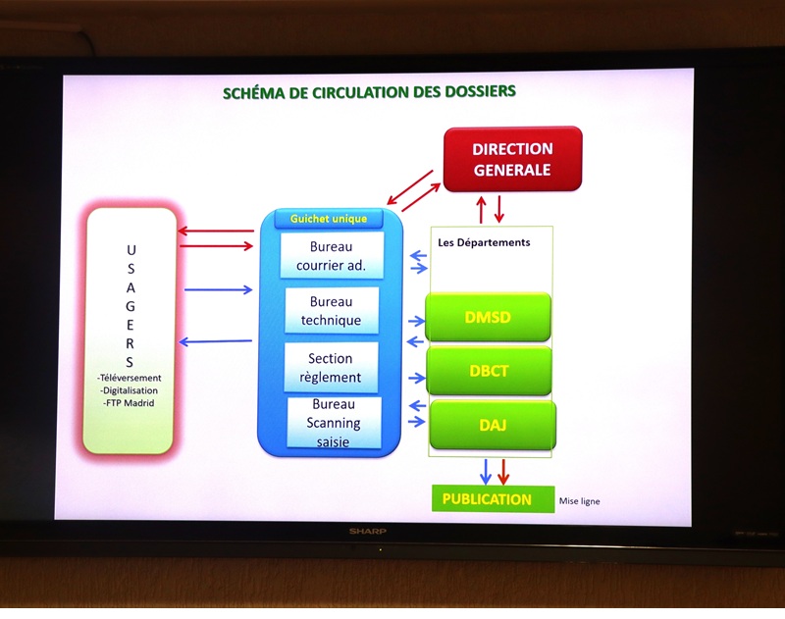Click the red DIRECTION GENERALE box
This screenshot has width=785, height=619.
(x=512, y=159)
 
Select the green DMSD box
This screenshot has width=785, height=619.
(x=488, y=318)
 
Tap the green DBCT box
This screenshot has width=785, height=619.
(x=489, y=371)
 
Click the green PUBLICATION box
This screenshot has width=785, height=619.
(x=487, y=499)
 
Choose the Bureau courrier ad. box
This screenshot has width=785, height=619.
(x=331, y=255)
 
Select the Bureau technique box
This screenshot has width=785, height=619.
(x=331, y=311)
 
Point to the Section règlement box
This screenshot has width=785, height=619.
(x=330, y=368)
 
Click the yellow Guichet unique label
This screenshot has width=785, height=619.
(x=330, y=220)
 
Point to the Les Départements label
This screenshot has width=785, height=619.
(x=484, y=242)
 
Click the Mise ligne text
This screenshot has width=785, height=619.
(x=580, y=501)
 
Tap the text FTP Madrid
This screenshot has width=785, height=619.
(x=129, y=403)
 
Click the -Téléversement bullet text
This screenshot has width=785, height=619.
(x=130, y=378)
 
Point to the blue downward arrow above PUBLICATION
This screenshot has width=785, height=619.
(x=484, y=471)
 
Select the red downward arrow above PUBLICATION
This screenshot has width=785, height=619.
(x=503, y=471)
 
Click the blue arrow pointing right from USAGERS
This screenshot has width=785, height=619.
(x=218, y=289)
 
